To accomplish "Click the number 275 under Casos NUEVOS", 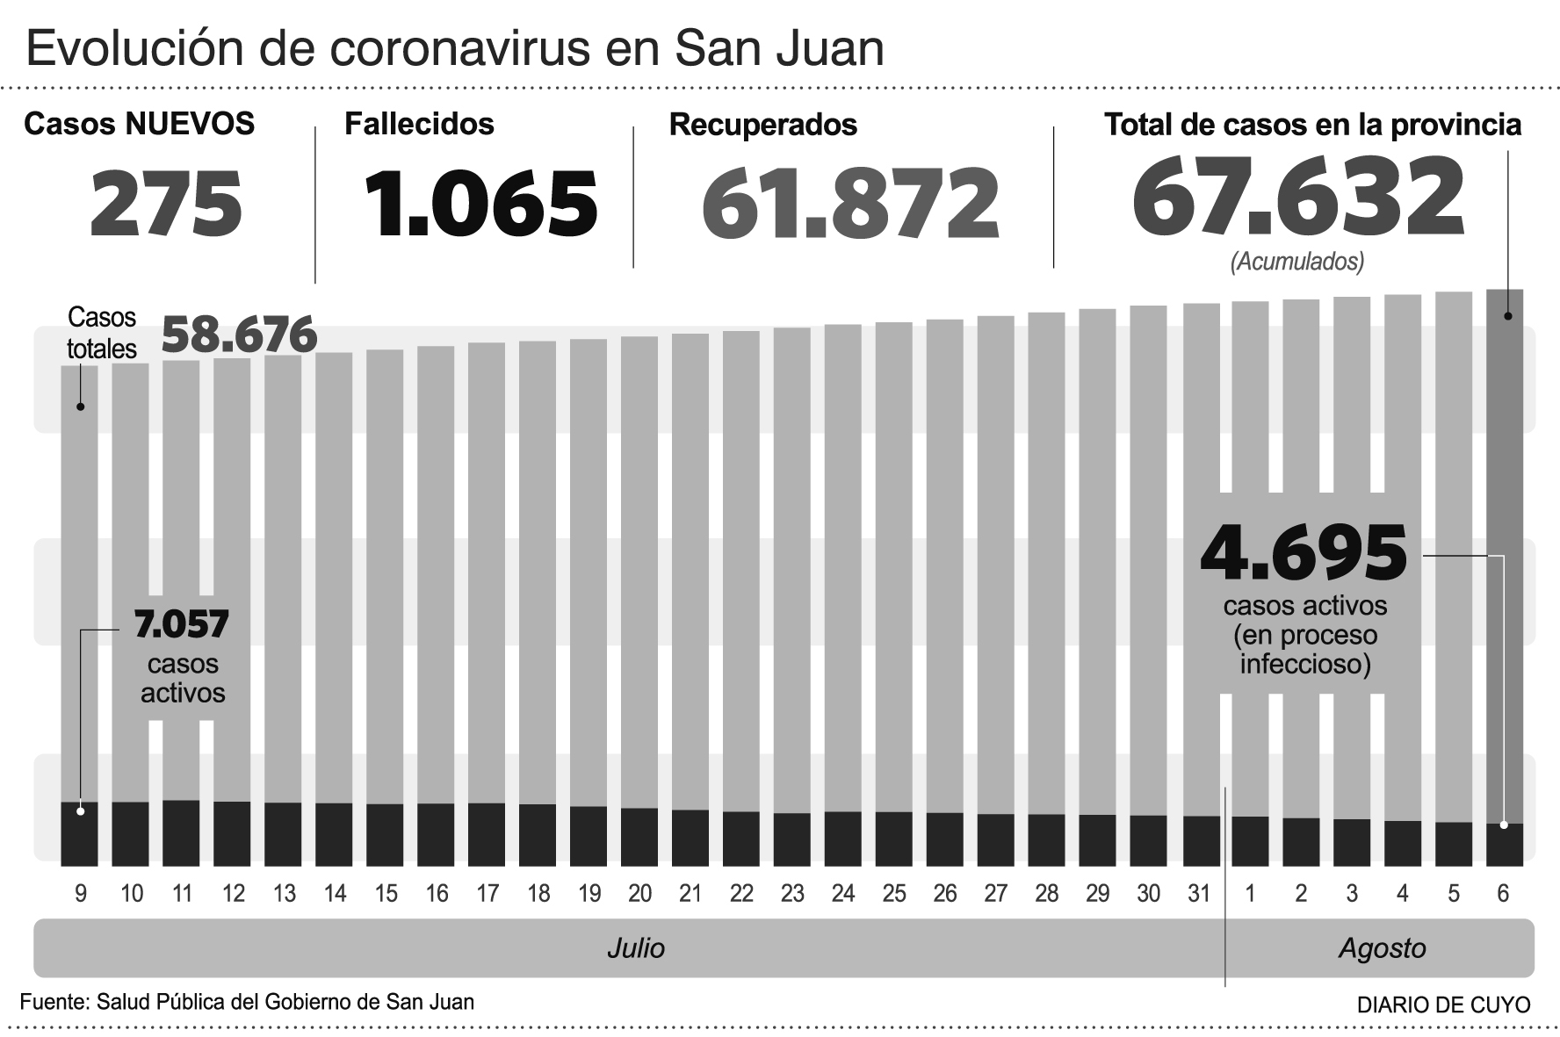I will coord(166,204).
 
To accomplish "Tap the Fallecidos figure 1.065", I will coord(480,204).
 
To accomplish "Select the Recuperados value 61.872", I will coord(850,205).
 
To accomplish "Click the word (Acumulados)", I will coord(1297,262).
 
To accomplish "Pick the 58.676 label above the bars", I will coord(240,335).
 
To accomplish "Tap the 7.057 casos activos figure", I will coord(181,624).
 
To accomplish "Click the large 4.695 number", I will coord(1304,553).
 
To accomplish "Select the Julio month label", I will coord(636,948).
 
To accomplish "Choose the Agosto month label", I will coord(1382,948).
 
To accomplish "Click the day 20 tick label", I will coord(639,894).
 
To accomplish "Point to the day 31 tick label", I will coord(1199,894).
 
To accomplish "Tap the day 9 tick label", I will coord(81,894).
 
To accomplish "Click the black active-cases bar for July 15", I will coord(385,834).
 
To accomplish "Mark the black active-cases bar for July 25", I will coord(893,839).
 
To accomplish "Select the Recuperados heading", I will coord(762,125).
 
